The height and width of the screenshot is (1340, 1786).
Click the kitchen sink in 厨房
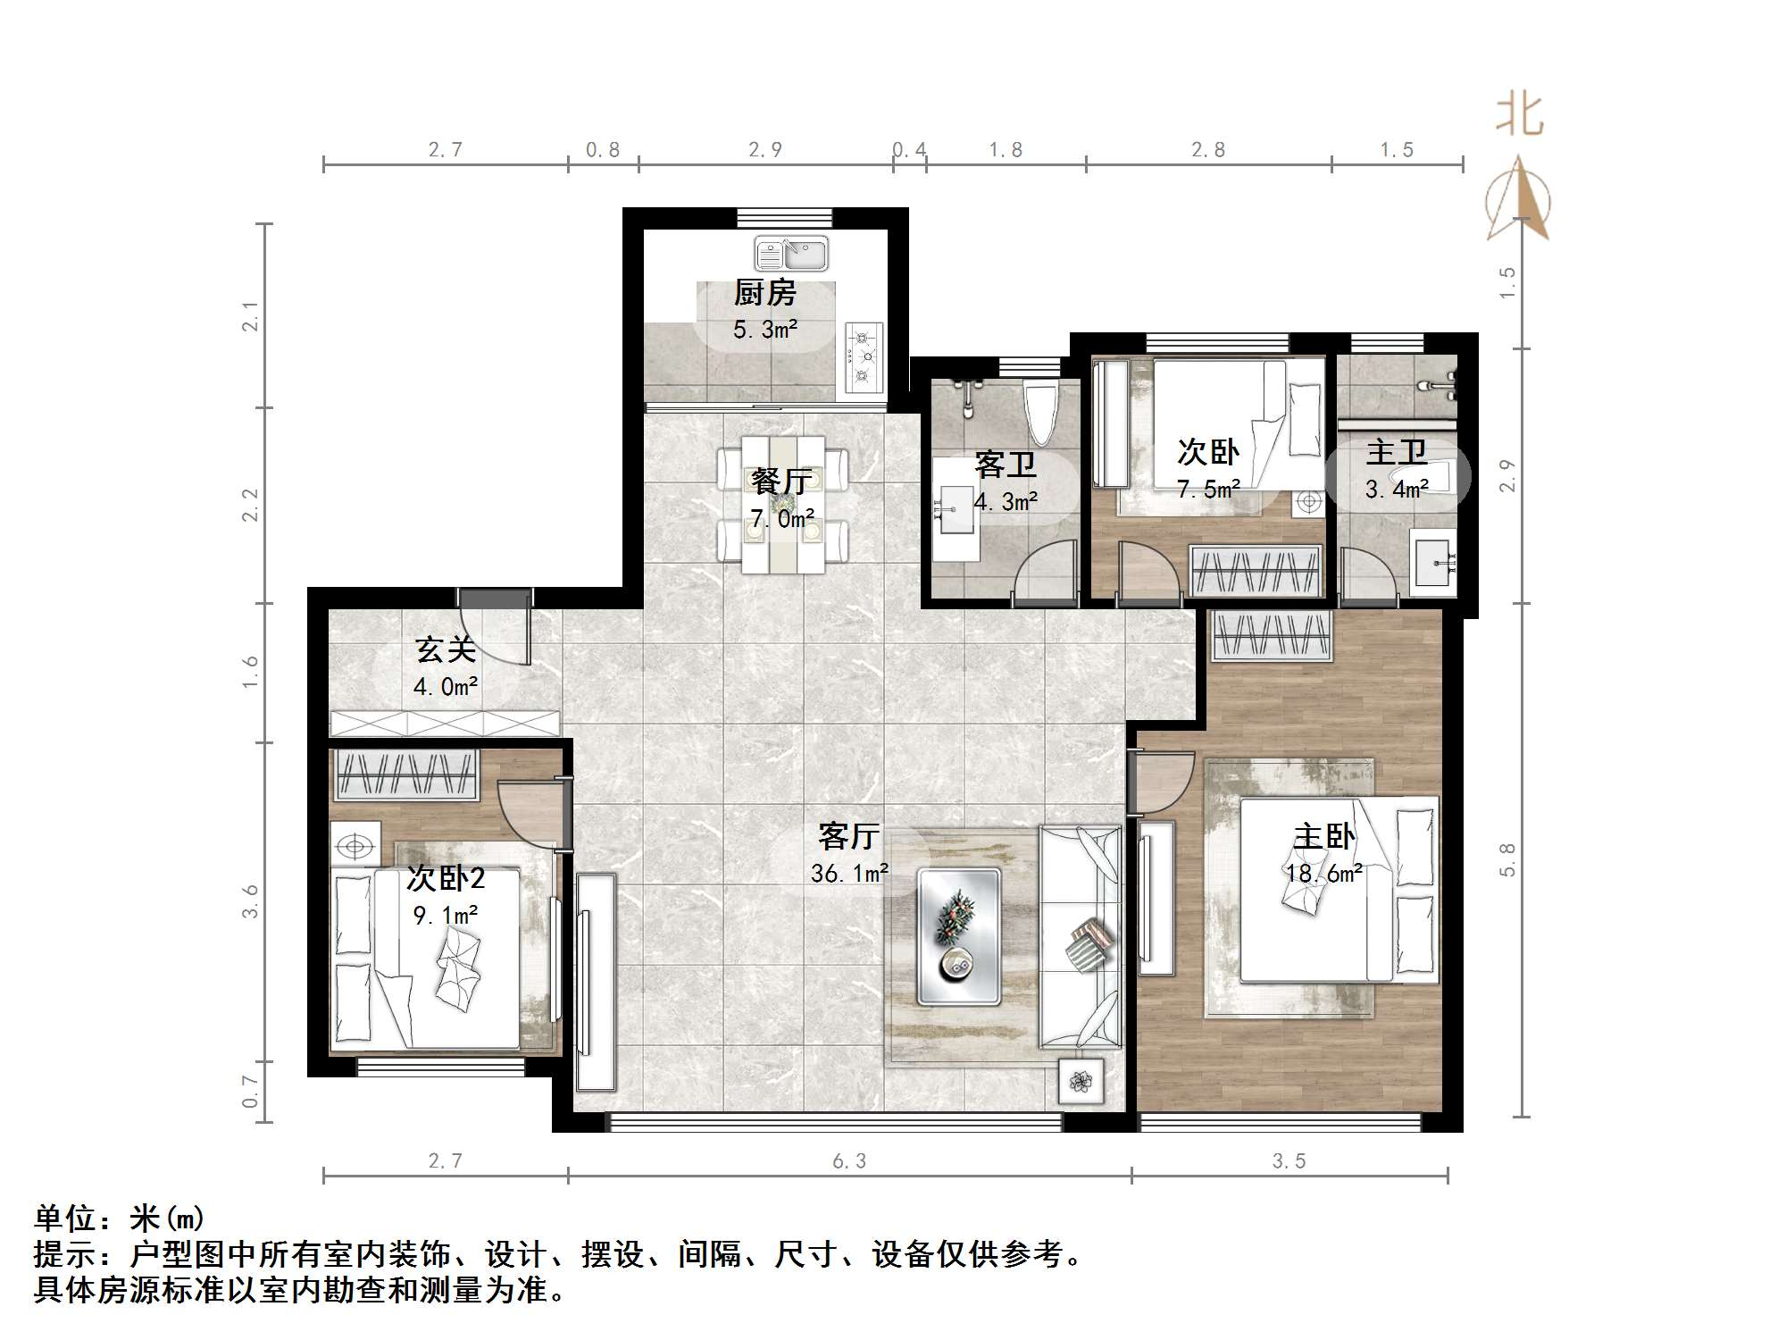pyautogui.click(x=791, y=254)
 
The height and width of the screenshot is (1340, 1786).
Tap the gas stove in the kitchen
pyautogui.click(x=864, y=357)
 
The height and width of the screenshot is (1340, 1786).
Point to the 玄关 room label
pyautogui.click(x=445, y=649)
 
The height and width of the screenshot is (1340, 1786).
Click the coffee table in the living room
pyautogui.click(x=959, y=936)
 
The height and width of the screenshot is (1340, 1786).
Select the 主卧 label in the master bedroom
pyautogui.click(x=1324, y=836)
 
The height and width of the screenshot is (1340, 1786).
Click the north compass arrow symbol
pyautogui.click(x=1518, y=201)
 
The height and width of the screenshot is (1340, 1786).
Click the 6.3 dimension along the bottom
pyautogui.click(x=849, y=1160)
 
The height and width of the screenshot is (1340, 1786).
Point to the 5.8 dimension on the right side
pyautogui.click(x=1507, y=859)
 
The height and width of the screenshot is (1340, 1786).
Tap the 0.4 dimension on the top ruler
pyautogui.click(x=909, y=150)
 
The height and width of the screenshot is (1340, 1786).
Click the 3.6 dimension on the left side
pyautogui.click(x=250, y=900)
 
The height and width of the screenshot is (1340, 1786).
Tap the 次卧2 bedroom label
pyautogui.click(x=445, y=878)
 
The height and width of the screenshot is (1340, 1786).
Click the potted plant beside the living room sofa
pyautogui.click(x=1081, y=1082)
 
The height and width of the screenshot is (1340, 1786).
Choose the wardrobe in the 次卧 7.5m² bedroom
pyautogui.click(x=1255, y=570)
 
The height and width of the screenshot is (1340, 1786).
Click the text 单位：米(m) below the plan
pyautogui.click(x=120, y=1218)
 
